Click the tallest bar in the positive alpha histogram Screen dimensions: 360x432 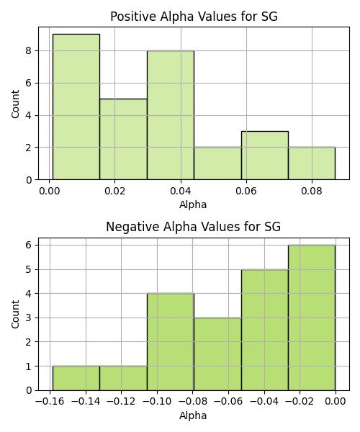tap(76, 107)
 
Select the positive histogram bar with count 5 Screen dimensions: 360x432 tap(123, 139)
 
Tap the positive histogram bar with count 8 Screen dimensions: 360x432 tap(171, 115)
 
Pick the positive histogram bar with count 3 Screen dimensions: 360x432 tap(265, 156)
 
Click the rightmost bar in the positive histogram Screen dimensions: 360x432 tap(312, 163)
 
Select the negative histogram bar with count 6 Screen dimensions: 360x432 tap(312, 318)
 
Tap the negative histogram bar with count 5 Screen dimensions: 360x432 tap(265, 330)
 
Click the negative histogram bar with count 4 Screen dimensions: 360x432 tap(171, 342)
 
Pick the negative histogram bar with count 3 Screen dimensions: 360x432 tap(218, 354)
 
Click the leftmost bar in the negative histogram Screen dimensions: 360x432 tap(76, 378)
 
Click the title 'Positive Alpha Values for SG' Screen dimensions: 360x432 tap(194, 17)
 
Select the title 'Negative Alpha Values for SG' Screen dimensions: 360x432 tap(194, 227)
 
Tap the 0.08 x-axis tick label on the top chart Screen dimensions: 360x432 tap(312, 191)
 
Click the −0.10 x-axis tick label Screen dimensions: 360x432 tap(157, 402)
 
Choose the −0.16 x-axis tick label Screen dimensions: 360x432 tap(50, 402)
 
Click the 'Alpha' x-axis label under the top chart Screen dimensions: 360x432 tap(193, 205)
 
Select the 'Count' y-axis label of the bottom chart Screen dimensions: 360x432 tap(15, 314)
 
